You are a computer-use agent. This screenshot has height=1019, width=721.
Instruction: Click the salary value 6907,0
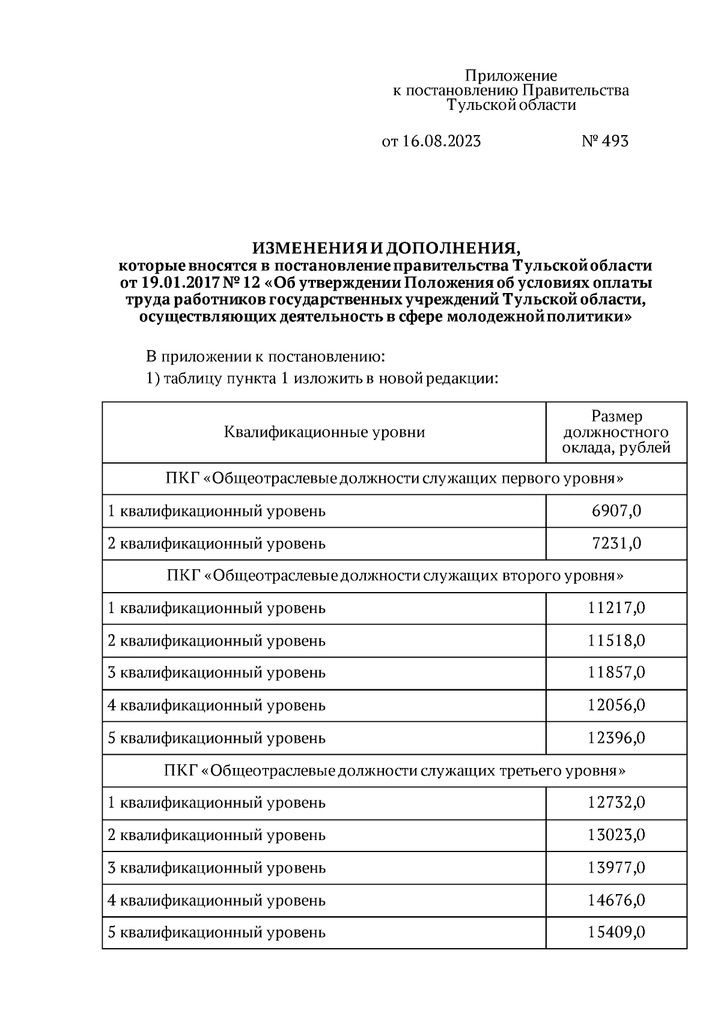616,511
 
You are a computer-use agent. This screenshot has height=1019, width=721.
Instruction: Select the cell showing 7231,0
616,543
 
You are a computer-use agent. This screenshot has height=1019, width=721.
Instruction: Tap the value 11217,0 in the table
616,608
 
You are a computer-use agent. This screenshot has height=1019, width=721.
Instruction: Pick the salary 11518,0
616,640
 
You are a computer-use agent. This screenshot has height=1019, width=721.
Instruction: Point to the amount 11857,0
616,672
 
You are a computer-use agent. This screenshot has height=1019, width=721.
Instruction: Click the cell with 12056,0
616,704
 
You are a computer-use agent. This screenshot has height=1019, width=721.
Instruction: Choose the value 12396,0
616,737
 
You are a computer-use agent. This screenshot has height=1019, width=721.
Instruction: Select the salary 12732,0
616,802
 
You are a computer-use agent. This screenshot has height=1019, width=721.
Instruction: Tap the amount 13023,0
616,835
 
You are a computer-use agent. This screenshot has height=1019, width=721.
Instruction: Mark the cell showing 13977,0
616,867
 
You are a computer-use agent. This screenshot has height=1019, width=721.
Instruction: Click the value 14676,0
616,900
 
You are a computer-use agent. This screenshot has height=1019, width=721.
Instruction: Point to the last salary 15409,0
616,932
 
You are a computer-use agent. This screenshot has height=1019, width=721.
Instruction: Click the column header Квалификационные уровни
324,432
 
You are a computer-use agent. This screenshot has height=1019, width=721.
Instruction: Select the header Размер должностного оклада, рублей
616,432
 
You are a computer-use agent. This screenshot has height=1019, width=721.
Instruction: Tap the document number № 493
605,141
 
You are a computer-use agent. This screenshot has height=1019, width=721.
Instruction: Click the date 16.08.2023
441,141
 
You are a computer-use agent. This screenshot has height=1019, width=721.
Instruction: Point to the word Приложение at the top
511,76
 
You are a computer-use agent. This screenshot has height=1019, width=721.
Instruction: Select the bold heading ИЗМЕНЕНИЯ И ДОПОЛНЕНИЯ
385,249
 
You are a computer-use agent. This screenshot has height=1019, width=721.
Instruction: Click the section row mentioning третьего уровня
394,770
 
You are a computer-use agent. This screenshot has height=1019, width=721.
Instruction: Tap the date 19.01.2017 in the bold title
174,283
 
